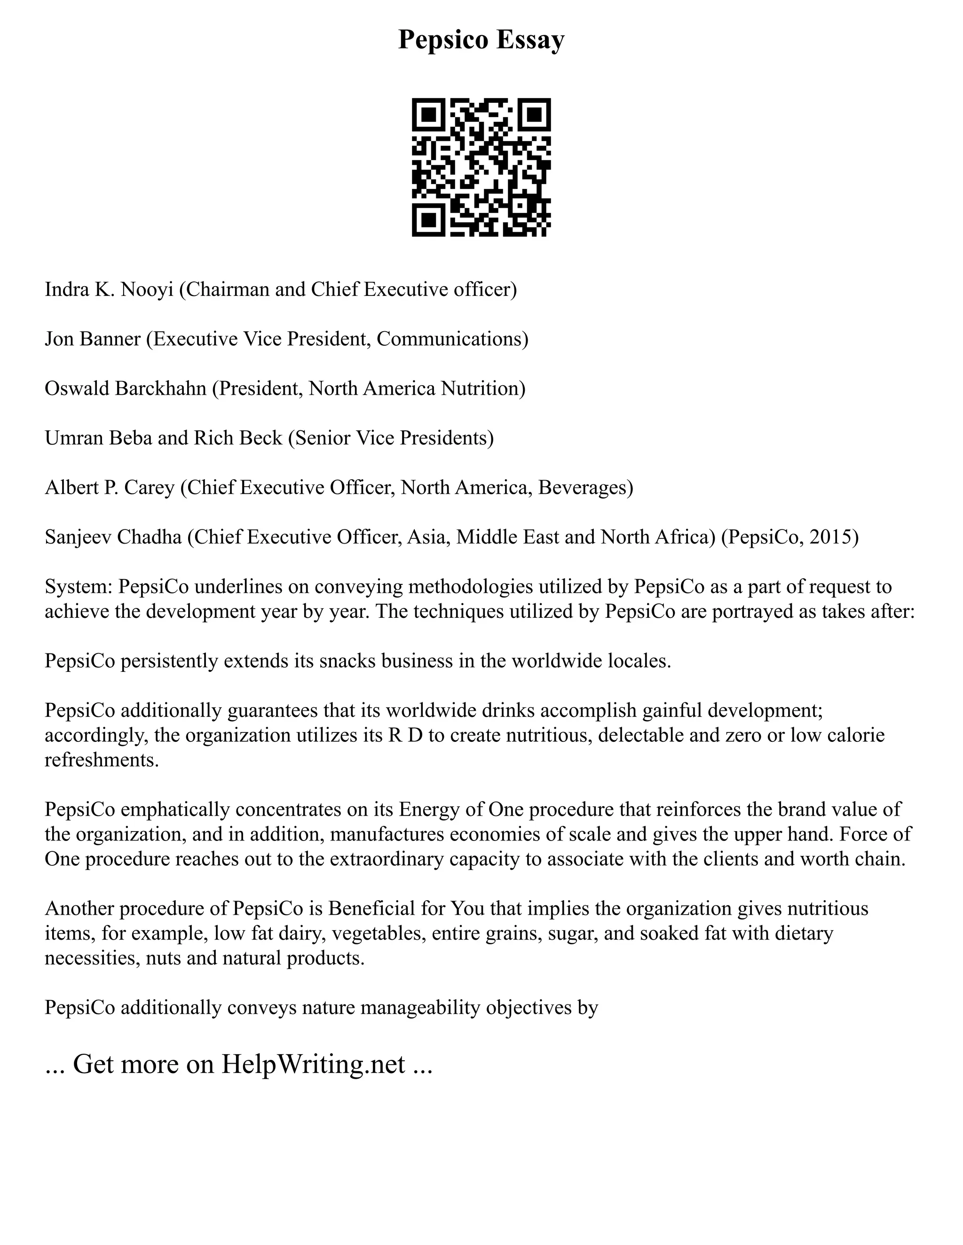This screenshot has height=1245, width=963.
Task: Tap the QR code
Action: (x=481, y=167)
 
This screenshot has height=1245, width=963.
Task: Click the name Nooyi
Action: (x=147, y=289)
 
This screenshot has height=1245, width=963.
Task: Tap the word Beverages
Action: (x=585, y=487)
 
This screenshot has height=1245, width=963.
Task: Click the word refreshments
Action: (x=102, y=760)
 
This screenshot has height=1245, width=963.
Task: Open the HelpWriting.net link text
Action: (x=313, y=1064)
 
